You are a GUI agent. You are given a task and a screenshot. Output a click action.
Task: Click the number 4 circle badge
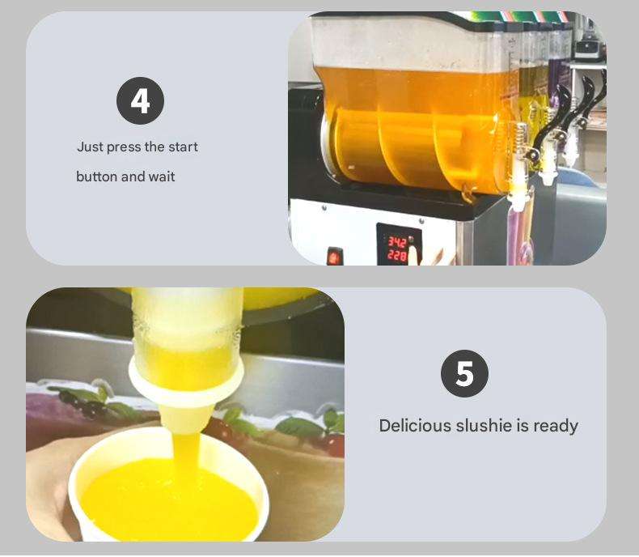140,100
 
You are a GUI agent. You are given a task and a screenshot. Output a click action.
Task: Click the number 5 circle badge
464,373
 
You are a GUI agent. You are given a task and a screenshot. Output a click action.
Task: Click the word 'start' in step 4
183,147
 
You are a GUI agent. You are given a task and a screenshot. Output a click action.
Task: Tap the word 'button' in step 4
96,176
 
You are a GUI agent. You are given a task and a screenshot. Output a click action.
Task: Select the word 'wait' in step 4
162,176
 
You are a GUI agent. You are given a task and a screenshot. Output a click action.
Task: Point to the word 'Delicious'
415,426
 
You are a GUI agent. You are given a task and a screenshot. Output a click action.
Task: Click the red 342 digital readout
396,243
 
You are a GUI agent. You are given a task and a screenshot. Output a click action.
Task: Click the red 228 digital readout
396,256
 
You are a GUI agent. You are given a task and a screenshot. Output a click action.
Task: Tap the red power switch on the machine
335,257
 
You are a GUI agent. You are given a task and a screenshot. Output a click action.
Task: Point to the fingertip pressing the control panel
413,251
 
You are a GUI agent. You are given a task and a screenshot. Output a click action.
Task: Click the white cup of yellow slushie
168,486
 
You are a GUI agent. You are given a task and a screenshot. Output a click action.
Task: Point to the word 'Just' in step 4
90,147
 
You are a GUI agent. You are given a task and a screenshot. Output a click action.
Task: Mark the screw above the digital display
421,221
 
